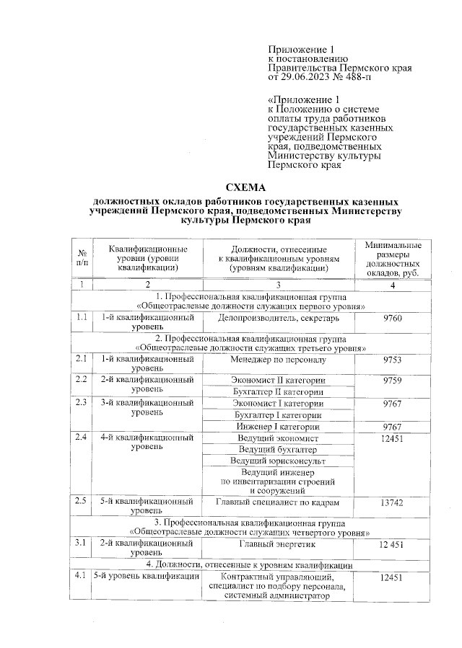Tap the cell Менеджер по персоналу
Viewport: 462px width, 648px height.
(x=278, y=358)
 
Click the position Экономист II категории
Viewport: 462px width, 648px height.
(x=278, y=380)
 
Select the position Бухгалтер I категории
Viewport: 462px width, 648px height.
(x=278, y=415)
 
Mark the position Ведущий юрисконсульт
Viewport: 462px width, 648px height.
(x=278, y=460)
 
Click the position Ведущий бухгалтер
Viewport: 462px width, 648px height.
(x=278, y=448)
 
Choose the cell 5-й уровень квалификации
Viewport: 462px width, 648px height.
(x=145, y=577)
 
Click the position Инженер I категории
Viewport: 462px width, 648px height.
(x=278, y=427)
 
